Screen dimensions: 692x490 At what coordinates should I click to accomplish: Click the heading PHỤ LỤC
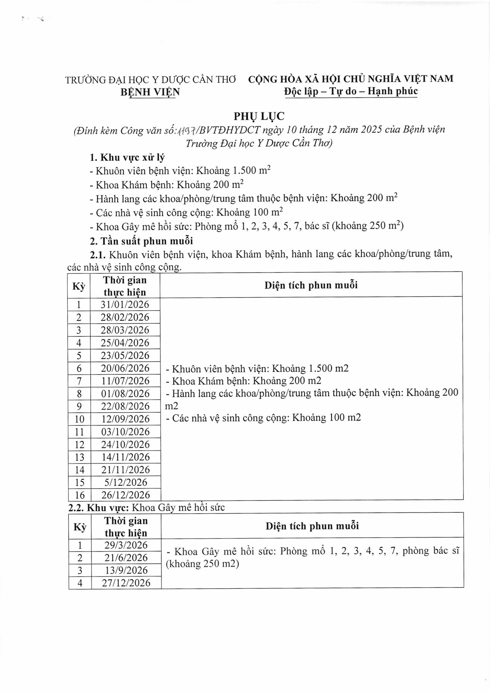click(259, 116)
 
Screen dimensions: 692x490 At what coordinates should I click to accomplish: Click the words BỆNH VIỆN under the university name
click(150, 92)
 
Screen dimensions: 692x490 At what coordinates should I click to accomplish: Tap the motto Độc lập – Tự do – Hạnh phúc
click(351, 91)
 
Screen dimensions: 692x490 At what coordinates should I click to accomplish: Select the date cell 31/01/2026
click(125, 305)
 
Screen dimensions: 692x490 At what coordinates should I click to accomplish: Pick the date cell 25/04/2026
click(125, 343)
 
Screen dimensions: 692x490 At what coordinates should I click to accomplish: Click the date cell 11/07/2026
click(125, 381)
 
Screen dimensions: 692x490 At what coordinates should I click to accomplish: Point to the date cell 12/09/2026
click(125, 419)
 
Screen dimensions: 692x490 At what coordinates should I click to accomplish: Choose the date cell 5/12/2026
click(125, 483)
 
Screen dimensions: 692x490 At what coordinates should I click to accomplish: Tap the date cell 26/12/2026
click(125, 495)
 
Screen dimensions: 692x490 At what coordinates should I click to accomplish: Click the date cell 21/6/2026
click(126, 558)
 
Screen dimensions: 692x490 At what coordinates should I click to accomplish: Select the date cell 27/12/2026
click(126, 583)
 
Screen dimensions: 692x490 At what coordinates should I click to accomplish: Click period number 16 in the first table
click(80, 495)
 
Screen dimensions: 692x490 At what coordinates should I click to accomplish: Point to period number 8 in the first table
click(79, 394)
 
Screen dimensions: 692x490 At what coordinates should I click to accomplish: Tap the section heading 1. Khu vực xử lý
click(127, 158)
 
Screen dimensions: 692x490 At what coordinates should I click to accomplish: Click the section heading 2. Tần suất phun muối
click(141, 241)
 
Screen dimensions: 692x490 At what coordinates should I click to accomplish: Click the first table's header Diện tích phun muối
click(311, 285)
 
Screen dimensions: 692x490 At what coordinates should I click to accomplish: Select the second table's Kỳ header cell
click(80, 527)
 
